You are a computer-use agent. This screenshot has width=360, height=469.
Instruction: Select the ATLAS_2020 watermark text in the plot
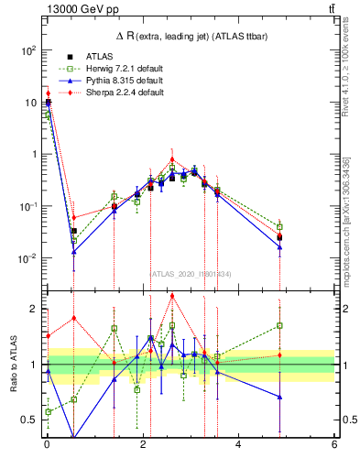(190, 273)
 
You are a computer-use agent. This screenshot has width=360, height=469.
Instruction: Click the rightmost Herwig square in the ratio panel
(279, 325)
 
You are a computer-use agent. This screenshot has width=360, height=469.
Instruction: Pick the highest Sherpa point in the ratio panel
(172, 295)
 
